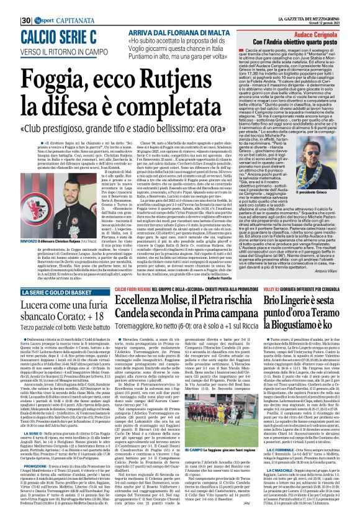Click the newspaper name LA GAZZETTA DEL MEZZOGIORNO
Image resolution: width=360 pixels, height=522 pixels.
[x=314, y=4]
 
